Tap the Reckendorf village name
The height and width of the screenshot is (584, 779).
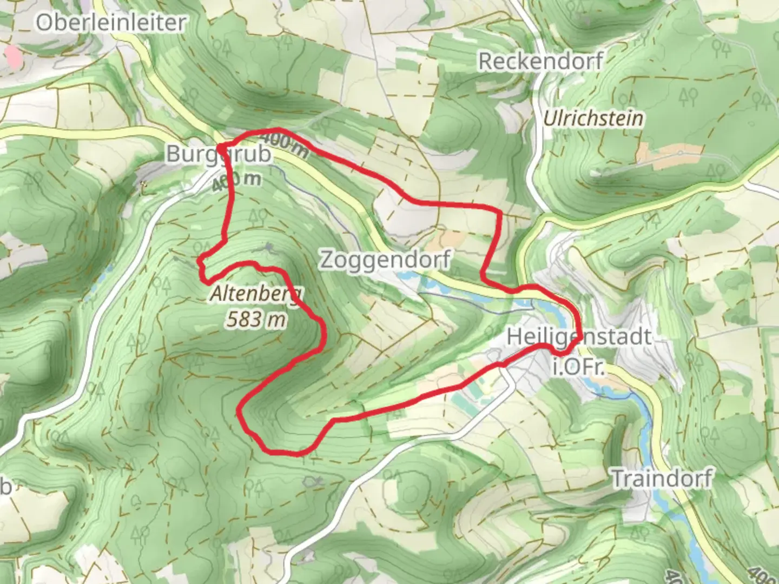point(540,61)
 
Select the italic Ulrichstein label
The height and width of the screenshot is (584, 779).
point(593,118)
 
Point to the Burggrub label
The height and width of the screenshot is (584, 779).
point(219,154)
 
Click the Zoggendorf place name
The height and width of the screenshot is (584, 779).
point(385,260)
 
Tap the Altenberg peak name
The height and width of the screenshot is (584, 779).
point(256,295)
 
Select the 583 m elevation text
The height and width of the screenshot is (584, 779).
point(256,320)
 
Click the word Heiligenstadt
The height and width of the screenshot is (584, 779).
point(579,337)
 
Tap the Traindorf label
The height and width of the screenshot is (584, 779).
point(662,479)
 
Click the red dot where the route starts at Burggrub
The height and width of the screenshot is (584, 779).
point(221,147)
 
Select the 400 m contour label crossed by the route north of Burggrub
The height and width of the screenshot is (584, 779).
point(288,145)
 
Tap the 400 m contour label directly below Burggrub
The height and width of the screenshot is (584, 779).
point(236,181)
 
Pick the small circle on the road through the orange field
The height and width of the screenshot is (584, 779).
point(679,153)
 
